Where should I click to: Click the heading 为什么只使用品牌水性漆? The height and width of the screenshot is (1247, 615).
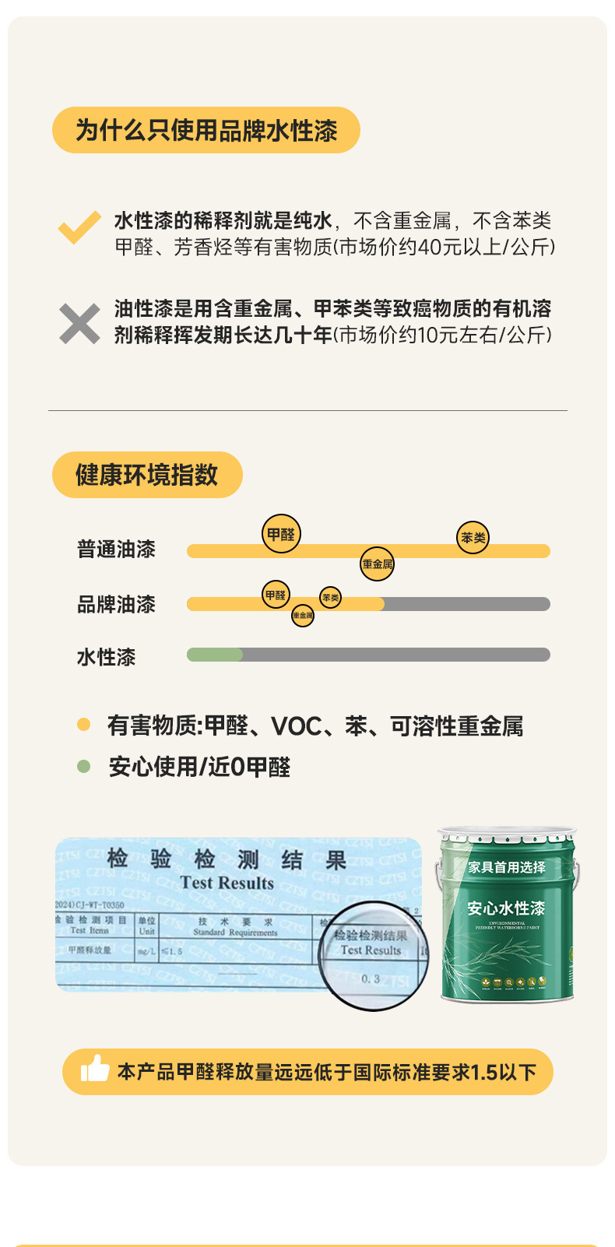pos(206,130)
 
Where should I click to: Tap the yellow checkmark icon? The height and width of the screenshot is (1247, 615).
pos(79,227)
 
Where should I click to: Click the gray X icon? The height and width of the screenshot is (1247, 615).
pos(79,323)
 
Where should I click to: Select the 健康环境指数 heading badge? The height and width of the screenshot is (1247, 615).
pos(147,475)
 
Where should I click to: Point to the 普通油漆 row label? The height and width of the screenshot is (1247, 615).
pos(116,550)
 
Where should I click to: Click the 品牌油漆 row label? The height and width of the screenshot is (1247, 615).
pos(116,604)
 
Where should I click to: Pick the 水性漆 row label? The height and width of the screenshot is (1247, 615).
pos(106,657)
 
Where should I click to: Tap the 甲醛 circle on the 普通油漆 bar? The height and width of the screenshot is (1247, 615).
pos(281,534)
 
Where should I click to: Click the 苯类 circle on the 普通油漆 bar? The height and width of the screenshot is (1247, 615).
pos(473,538)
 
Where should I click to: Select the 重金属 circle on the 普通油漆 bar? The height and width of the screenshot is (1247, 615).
pos(378,564)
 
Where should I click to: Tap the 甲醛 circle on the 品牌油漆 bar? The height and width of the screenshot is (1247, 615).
pos(276,595)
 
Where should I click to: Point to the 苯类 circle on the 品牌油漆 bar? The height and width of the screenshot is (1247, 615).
pos(330,598)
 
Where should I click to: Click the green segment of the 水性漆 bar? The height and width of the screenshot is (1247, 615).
pos(215,655)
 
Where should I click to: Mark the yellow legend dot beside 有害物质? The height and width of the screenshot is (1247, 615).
pos(84,725)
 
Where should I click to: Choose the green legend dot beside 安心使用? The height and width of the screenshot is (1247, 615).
pos(84,767)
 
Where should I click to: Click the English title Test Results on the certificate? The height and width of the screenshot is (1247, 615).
pos(227,883)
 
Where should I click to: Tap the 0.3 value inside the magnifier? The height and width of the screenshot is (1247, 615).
pos(371,978)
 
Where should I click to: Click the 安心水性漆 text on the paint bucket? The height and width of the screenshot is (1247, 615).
pos(506,908)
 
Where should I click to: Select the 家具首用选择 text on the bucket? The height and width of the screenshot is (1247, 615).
pos(507,867)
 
